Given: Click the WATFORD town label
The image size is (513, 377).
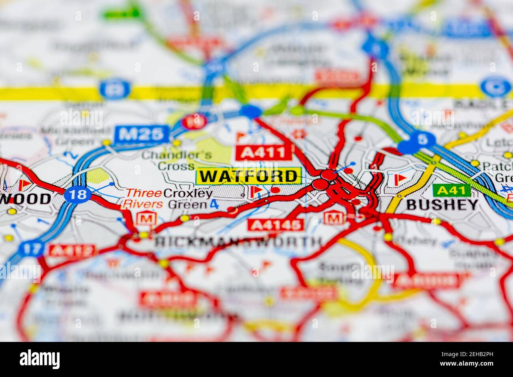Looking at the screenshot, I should click(x=249, y=176).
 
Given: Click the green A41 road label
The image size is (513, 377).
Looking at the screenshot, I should click(x=451, y=190).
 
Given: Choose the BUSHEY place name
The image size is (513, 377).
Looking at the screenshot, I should click(x=442, y=205).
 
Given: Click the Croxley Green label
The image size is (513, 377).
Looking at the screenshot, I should click(x=188, y=199).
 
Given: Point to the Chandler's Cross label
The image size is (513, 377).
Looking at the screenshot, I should click(x=176, y=160).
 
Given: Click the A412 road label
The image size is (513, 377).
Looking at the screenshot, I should click(x=71, y=250).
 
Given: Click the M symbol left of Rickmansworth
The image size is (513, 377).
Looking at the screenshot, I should click(x=146, y=218).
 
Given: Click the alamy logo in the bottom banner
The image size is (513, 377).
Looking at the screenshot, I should click(x=39, y=359).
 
